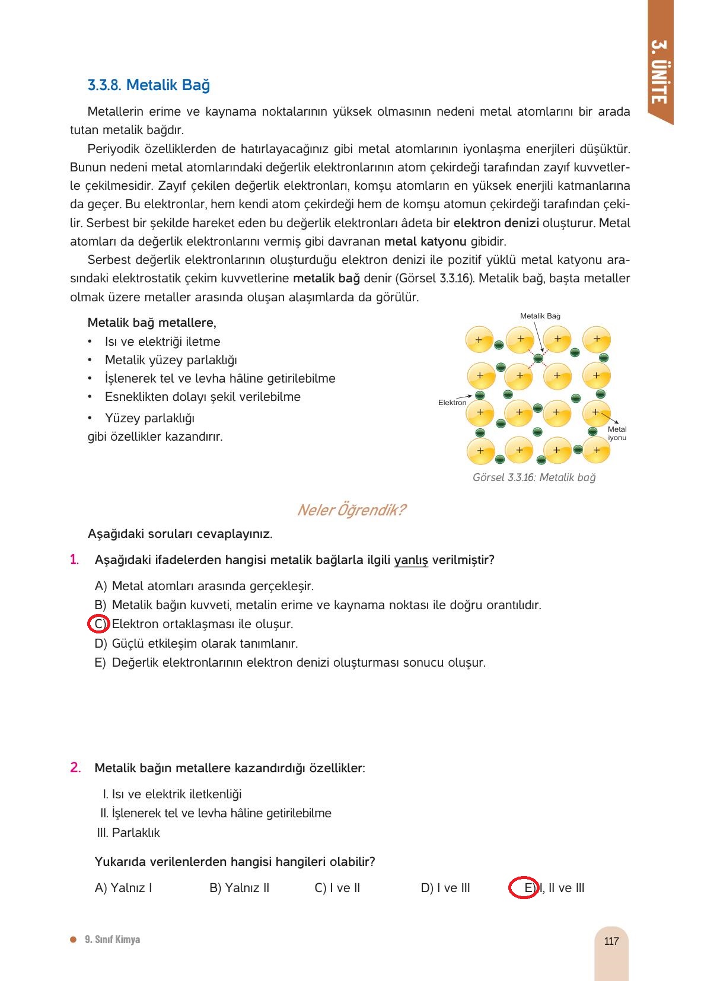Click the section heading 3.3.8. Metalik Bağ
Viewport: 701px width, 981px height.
coord(148,85)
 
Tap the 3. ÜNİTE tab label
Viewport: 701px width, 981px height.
coord(659,72)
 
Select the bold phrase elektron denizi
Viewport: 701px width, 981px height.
coord(496,224)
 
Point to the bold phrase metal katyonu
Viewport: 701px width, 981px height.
coord(425,242)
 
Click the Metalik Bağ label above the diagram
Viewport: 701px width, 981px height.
coord(540,316)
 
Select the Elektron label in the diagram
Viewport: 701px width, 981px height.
coord(452,403)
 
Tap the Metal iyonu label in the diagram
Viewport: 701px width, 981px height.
coord(617,434)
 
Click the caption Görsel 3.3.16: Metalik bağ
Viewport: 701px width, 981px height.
coord(534,477)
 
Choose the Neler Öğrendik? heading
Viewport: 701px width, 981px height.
coord(350,510)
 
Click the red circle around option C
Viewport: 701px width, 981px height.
coord(98,624)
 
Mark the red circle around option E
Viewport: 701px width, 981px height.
coord(524,887)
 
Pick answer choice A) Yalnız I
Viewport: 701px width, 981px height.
coord(123,888)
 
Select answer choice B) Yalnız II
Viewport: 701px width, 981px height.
coord(239,888)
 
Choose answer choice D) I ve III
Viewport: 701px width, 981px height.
coord(445,888)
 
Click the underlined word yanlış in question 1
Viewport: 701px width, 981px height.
coord(411,560)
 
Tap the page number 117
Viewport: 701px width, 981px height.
coord(611,941)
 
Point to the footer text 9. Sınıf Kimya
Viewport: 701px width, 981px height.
coord(112,939)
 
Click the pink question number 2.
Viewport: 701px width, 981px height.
coord(75,767)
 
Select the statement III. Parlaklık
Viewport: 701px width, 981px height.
coord(128,833)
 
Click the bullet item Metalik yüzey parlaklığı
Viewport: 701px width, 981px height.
coord(171,360)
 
